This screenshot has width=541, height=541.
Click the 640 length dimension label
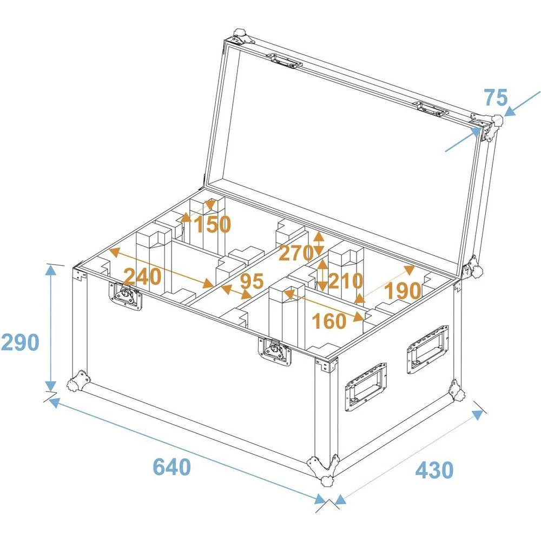[x=172, y=467]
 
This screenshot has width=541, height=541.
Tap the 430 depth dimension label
[x=434, y=470]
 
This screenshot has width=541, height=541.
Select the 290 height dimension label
[x=19, y=342]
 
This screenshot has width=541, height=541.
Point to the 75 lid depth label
[x=496, y=98]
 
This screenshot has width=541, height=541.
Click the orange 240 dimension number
[x=142, y=276]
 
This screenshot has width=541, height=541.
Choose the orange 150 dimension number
[x=213, y=224]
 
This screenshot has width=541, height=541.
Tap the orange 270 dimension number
[x=296, y=253]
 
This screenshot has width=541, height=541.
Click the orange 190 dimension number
[x=402, y=292]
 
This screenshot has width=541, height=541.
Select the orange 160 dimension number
[x=329, y=321]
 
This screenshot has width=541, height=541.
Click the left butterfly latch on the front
[x=127, y=296]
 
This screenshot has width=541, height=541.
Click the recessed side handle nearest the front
[x=366, y=387]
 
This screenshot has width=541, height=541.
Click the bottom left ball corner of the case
[x=77, y=381]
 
